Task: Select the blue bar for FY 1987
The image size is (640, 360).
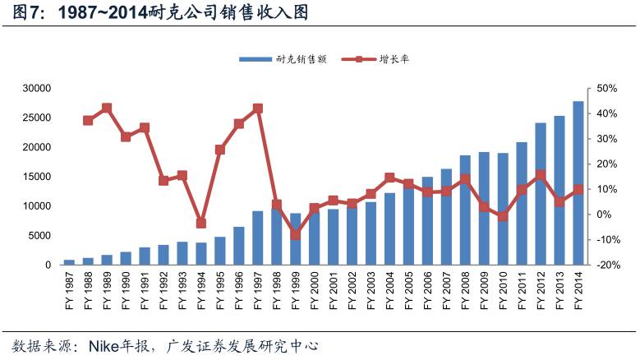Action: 69,262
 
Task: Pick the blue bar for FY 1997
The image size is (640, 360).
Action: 258,238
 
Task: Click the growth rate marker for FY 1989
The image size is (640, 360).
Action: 107,108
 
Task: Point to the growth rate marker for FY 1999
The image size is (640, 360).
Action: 296,235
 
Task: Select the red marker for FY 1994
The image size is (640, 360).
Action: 201,223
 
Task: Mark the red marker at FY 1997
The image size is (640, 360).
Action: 258,108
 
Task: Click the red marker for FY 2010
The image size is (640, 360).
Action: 503,216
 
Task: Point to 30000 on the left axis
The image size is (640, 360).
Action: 38,88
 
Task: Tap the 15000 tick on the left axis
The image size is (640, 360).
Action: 38,177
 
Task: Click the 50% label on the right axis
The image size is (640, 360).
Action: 606,88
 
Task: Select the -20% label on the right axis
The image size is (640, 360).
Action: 605,265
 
